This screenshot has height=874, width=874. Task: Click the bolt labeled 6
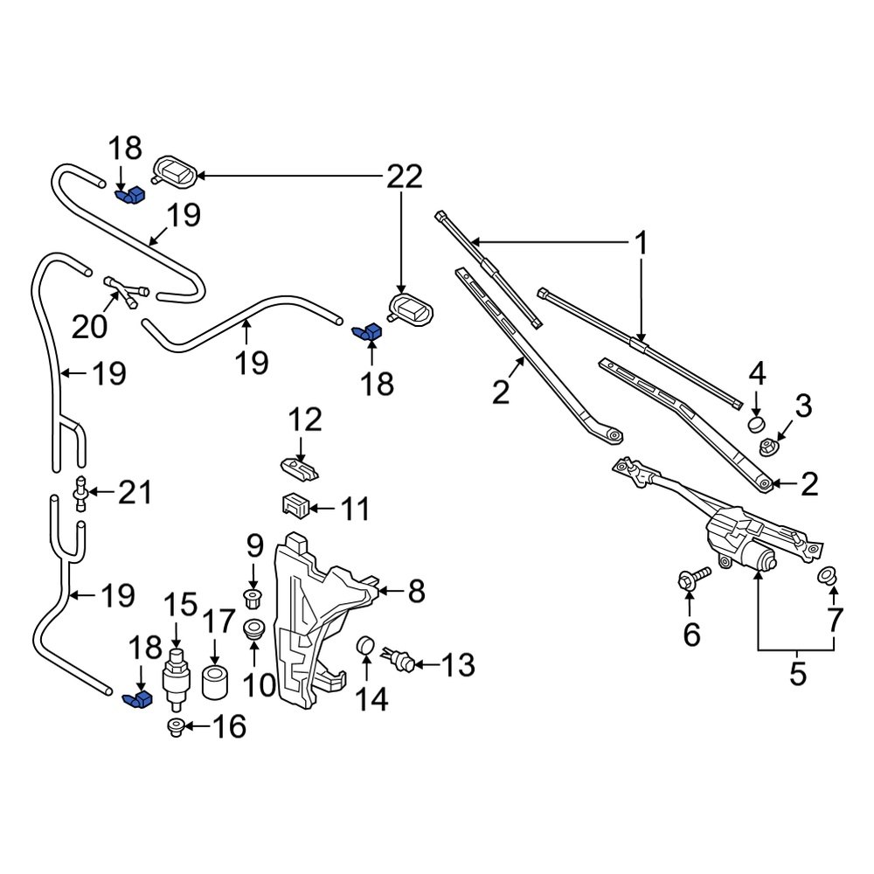[x=690, y=580]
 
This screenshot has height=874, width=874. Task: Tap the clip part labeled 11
[x=295, y=506]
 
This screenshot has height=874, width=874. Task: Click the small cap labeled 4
[x=754, y=425]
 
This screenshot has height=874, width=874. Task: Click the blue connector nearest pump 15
[x=137, y=699]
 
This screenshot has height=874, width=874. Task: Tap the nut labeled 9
[x=254, y=600]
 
